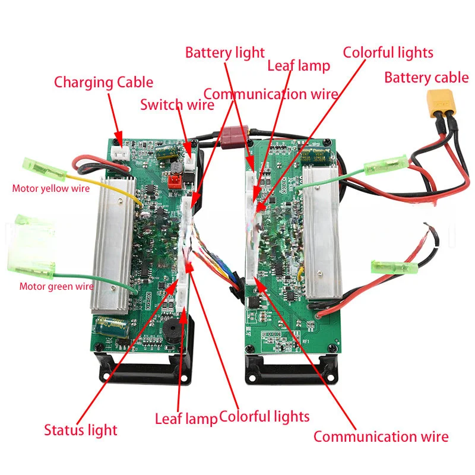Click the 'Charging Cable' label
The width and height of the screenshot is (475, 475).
coord(103,82)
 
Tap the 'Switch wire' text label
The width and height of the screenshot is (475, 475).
coord(177,105)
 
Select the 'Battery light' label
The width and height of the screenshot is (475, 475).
coord(225,52)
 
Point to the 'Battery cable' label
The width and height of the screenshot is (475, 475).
coord(426,77)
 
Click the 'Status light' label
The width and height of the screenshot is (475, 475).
coord(81,430)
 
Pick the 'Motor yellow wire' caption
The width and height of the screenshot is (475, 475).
coord(51,189)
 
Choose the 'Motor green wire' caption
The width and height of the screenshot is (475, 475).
coord(57,286)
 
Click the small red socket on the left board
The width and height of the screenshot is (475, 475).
coord(175,180)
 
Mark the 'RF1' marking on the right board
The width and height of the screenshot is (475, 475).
coord(306,342)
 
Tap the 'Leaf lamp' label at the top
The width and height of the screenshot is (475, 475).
coord(298,65)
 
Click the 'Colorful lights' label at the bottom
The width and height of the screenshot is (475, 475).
coord(264,416)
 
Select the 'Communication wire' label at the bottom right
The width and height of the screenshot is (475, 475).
coord(381,437)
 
